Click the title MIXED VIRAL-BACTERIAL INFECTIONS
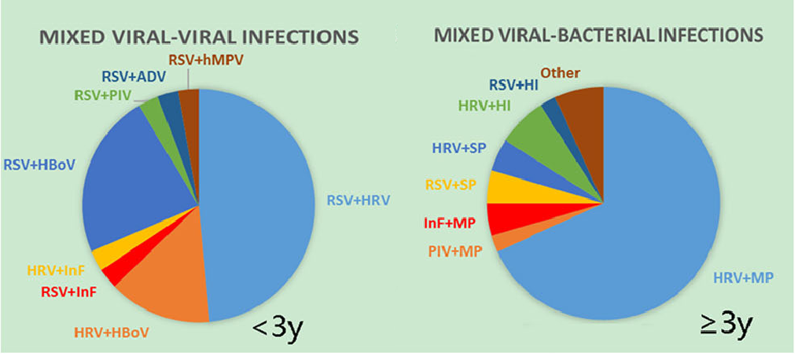coord(598,35)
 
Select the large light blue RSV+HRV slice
coord(259,197)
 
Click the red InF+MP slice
coord(501,218)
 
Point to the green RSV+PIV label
coord(103,95)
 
